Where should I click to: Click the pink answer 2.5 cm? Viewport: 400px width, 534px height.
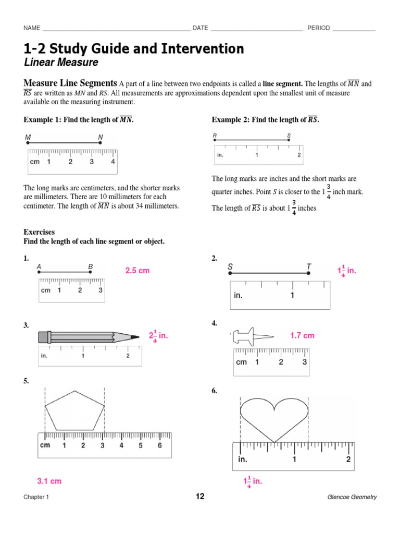[x=137, y=271]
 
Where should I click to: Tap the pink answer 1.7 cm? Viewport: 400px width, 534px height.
[x=302, y=336]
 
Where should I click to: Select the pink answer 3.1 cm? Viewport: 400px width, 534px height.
[x=49, y=481]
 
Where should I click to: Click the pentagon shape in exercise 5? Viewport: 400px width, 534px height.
[x=75, y=410]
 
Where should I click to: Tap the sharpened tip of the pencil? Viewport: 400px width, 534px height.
[x=136, y=337]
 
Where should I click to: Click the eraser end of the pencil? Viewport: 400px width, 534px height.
[x=42, y=337]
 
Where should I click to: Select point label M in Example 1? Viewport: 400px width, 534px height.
[x=28, y=138]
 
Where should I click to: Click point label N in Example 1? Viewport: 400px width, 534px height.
[x=101, y=138]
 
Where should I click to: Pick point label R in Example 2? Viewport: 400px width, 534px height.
[x=215, y=136]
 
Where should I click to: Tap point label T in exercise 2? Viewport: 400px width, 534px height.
[x=308, y=267]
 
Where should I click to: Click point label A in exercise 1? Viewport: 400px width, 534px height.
[x=39, y=266]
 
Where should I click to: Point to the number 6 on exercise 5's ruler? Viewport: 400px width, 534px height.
[x=159, y=445]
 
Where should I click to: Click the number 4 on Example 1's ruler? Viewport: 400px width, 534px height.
[x=113, y=162]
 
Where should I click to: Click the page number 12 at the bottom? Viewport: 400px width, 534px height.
[x=200, y=496]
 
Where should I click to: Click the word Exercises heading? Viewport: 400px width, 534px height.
[x=39, y=232]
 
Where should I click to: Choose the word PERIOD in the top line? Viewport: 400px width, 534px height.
[x=318, y=28]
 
